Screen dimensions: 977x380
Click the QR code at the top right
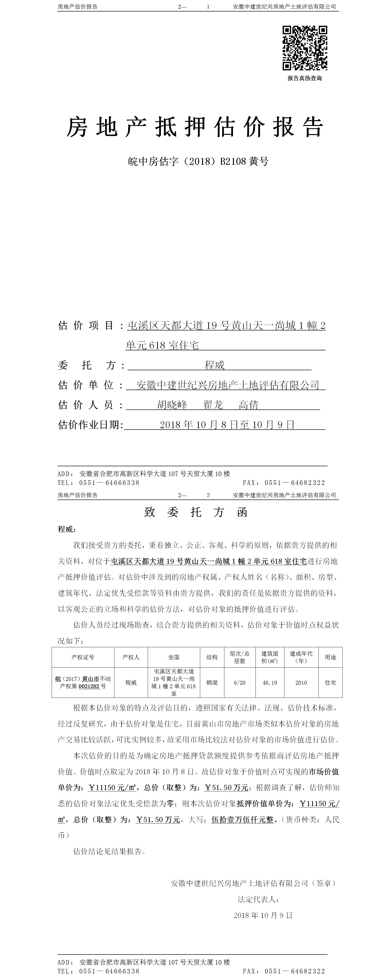(x=305, y=48)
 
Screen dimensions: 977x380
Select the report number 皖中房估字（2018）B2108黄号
(x=198, y=162)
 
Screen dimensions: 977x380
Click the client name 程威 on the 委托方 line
(x=214, y=365)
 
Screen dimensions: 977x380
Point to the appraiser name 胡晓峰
(x=172, y=405)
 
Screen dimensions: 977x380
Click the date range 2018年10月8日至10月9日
(x=227, y=425)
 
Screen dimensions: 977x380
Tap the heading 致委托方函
(x=196, y=512)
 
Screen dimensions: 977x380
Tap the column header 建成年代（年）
(x=301, y=657)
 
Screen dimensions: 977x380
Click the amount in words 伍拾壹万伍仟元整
(x=242, y=820)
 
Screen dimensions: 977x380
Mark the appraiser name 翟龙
(x=213, y=405)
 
